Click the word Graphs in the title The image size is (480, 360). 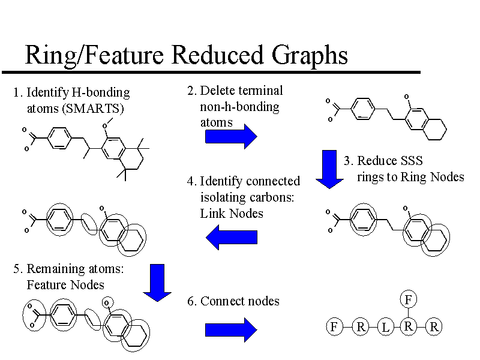[x=310, y=55]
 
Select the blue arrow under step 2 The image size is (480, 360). [x=231, y=137]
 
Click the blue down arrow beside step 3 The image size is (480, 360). [x=329, y=169]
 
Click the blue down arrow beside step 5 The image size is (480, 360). [x=158, y=282]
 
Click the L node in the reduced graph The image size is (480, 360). [x=385, y=327]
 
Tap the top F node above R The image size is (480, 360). [x=408, y=299]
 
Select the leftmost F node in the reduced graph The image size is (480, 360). [x=334, y=327]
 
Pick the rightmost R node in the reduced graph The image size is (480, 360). [x=434, y=327]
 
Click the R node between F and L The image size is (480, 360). [x=360, y=327]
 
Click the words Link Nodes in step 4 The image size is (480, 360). [x=231, y=213]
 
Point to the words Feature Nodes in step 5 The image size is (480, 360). [x=65, y=284]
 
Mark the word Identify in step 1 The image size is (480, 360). [x=47, y=92]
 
